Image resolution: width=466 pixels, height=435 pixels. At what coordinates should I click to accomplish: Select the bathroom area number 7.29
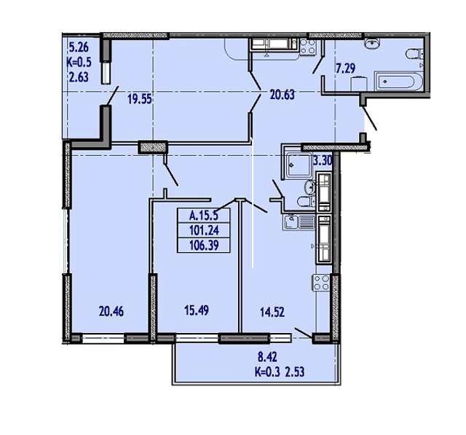tap(346, 69)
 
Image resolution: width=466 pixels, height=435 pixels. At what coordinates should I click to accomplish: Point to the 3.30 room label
tap(323, 160)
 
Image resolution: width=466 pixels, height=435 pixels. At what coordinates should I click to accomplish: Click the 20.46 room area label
tap(111, 310)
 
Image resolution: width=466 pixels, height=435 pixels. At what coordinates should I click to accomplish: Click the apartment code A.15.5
tap(205, 215)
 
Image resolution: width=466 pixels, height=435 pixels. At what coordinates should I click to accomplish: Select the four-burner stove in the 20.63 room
tap(308, 46)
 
